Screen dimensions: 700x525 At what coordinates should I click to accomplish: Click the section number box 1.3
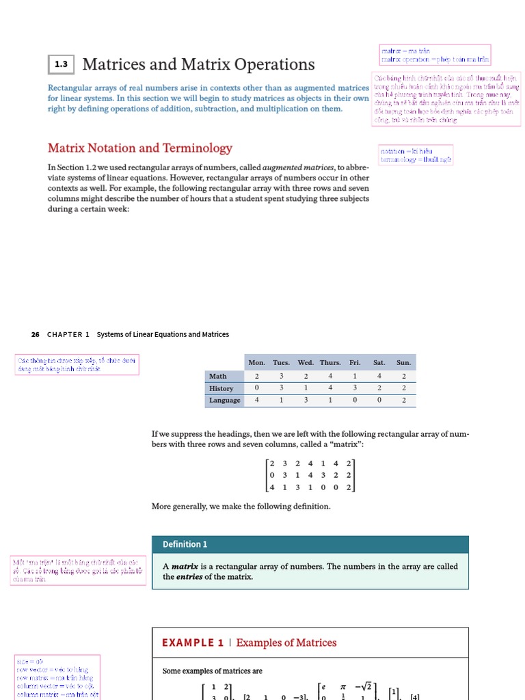pyautogui.click(x=62, y=65)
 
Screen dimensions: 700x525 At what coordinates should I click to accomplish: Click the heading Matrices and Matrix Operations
pyautogui.click(x=198, y=65)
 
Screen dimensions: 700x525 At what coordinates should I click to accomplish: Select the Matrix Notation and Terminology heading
pyautogui.click(x=139, y=148)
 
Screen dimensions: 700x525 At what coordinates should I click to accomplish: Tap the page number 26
pyautogui.click(x=36, y=334)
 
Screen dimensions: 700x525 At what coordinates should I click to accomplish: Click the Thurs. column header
pyautogui.click(x=330, y=362)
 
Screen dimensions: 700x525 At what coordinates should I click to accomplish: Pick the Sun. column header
pyautogui.click(x=404, y=362)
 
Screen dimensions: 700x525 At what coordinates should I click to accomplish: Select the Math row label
pyautogui.click(x=218, y=376)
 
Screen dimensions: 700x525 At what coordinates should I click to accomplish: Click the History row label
pyautogui.click(x=221, y=388)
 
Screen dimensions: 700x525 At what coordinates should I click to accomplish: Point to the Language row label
pyautogui.click(x=224, y=401)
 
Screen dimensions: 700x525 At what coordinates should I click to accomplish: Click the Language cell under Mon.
pyautogui.click(x=257, y=401)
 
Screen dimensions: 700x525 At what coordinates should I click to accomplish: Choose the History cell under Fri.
pyautogui.click(x=355, y=388)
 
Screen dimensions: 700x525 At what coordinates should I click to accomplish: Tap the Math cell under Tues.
pyautogui.click(x=281, y=376)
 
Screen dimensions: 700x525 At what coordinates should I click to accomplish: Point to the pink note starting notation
pyautogui.click(x=415, y=155)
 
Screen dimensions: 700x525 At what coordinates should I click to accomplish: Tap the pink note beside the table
pyautogui.click(x=77, y=364)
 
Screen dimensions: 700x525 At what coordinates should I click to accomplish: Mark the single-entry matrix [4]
pyautogui.click(x=414, y=696)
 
